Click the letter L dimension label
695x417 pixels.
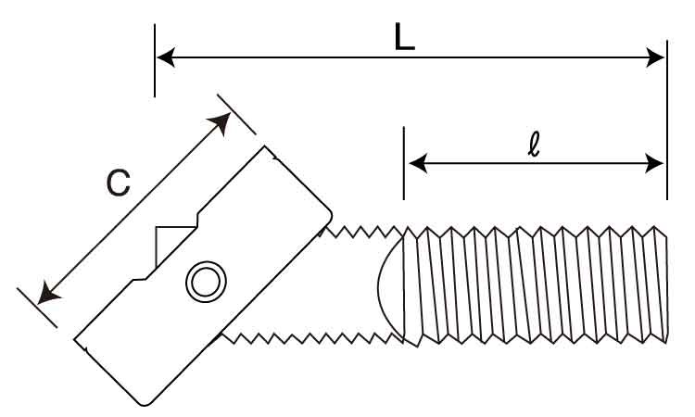pyautogui.click(x=404, y=36)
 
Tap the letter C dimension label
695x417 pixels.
pyautogui.click(x=119, y=183)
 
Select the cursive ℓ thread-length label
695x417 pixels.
pyautogui.click(x=535, y=145)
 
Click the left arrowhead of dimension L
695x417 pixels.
pyautogui.click(x=166, y=57)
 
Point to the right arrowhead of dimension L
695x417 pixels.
pyautogui.click(x=655, y=57)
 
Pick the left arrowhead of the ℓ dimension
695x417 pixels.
pyautogui.click(x=418, y=163)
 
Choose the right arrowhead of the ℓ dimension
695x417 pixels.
pyautogui.click(x=654, y=163)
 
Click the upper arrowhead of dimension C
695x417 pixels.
pyautogui.click(x=221, y=122)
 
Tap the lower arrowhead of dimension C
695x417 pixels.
pyautogui.click(x=48, y=294)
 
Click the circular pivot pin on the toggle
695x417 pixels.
pyautogui.click(x=206, y=283)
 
